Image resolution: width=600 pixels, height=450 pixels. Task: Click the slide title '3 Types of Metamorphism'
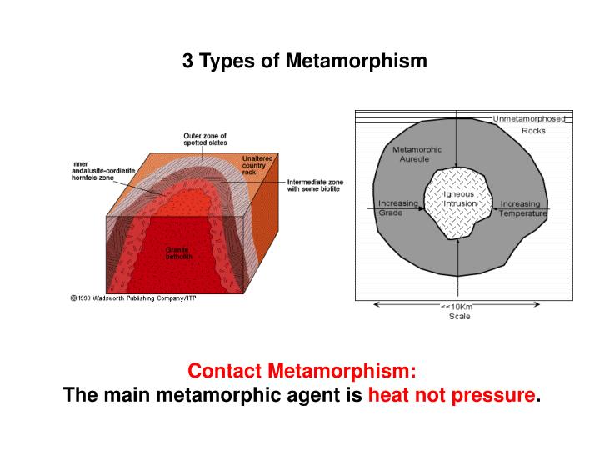[x=305, y=62]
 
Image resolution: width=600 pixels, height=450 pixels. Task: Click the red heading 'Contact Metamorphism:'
[x=301, y=369]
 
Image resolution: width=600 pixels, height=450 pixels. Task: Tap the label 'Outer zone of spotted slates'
[x=205, y=140]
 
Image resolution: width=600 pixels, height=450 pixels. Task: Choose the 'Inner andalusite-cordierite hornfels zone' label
[x=104, y=171]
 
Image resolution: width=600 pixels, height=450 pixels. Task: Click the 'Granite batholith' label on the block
[x=177, y=252]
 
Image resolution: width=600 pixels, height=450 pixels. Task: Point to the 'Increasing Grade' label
[x=397, y=208]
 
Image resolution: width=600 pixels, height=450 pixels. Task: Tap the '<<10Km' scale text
[x=458, y=307]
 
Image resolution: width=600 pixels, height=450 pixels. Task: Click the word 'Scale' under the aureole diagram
[x=459, y=317]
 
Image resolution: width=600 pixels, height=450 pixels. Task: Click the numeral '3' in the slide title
[x=187, y=62]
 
